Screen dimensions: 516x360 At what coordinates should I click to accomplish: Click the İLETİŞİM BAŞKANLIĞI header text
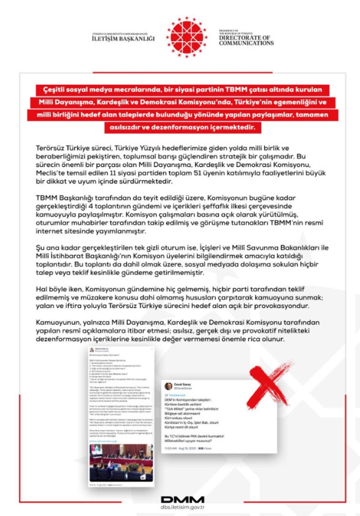(x=123, y=38)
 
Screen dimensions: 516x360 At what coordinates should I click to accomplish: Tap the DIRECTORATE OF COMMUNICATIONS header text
(x=246, y=40)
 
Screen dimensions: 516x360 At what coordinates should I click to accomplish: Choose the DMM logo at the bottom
(x=182, y=499)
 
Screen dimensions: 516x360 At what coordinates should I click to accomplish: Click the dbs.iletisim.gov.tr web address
(x=182, y=507)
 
